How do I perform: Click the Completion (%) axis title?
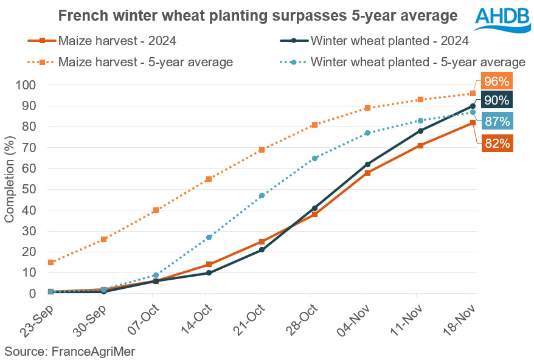click(10, 189)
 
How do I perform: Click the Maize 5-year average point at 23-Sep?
click(51, 262)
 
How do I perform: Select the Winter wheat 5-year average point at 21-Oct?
click(262, 196)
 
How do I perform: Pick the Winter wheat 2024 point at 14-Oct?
click(209, 272)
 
